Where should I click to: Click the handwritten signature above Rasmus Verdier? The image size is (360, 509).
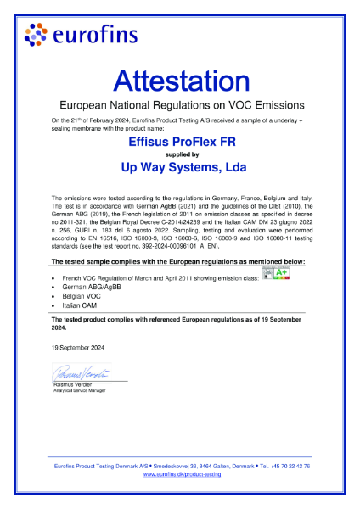pos(81,372)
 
